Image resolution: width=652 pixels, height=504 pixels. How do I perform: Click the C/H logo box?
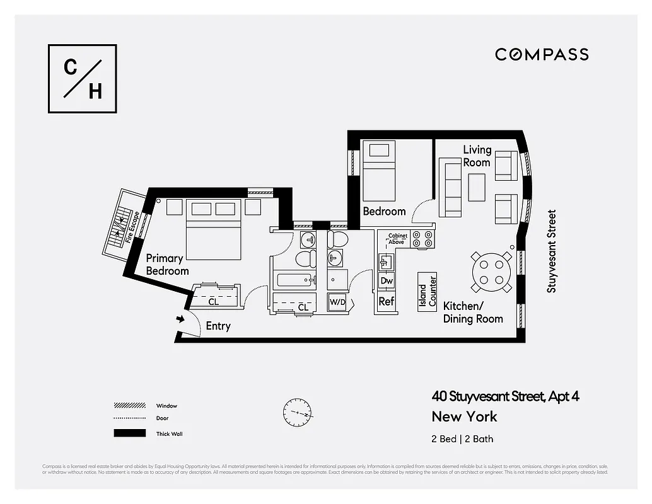[x=83, y=79]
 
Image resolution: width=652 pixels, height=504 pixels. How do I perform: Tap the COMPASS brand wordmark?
[x=542, y=54]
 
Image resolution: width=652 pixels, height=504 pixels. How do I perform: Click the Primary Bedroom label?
[x=167, y=264]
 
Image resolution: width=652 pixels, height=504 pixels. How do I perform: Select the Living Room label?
[x=476, y=156]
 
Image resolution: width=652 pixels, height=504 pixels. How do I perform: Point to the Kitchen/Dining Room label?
[x=473, y=312]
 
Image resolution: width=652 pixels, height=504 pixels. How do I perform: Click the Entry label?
[x=218, y=326]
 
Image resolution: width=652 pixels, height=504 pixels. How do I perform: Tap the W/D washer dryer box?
[x=338, y=302]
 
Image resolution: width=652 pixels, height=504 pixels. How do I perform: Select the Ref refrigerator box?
[x=386, y=302]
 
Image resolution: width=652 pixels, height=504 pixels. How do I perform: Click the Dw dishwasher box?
[x=387, y=281]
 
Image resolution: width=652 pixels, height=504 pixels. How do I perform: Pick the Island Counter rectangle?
[x=428, y=291]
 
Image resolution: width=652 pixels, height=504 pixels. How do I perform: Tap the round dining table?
[x=491, y=272]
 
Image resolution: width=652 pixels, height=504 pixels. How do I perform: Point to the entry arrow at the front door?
[x=180, y=319]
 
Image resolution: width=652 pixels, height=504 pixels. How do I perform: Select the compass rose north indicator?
[x=298, y=413]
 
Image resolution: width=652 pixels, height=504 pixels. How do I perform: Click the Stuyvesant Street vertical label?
[x=552, y=251]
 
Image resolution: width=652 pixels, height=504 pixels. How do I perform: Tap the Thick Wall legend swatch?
[x=129, y=433]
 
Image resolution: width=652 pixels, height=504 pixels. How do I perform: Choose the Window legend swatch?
[x=129, y=406]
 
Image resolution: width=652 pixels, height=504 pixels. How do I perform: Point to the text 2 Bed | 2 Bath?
[x=463, y=438]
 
